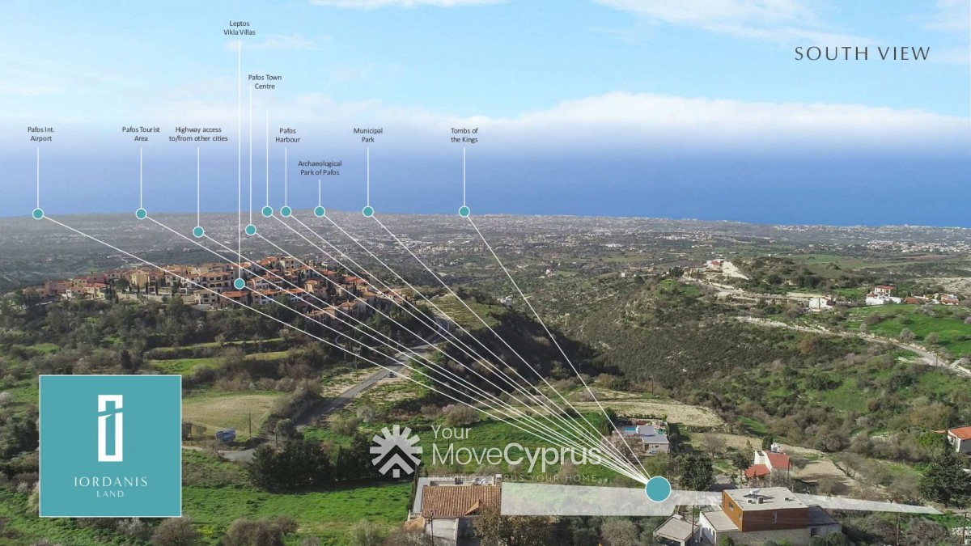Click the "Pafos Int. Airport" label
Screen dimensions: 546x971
pos(40,134)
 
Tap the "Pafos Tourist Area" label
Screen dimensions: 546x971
pos(141,134)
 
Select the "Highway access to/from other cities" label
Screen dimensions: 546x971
pos(198,134)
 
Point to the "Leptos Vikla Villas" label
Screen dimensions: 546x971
pos(240,28)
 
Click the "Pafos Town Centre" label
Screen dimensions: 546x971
pos(265,82)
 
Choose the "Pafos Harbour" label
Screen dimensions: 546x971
pos(287,135)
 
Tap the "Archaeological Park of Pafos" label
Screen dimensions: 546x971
pos(320,168)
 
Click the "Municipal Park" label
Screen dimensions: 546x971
pos(367,135)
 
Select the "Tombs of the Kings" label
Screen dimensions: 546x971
pos(464,135)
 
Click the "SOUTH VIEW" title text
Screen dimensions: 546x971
pos(862,54)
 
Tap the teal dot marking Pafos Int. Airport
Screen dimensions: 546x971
pos(38,214)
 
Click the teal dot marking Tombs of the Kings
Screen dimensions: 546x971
pos(464,212)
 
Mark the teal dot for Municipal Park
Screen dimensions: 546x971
pos(368,212)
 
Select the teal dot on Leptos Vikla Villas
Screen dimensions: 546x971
pos(240,284)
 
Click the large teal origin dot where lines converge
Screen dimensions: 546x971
pos(658,489)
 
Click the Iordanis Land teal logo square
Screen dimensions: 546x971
pos(110,446)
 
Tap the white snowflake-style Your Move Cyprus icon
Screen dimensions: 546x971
pos(396,451)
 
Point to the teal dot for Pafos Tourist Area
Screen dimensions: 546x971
pos(141,214)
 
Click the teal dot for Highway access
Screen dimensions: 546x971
pos(198,232)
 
